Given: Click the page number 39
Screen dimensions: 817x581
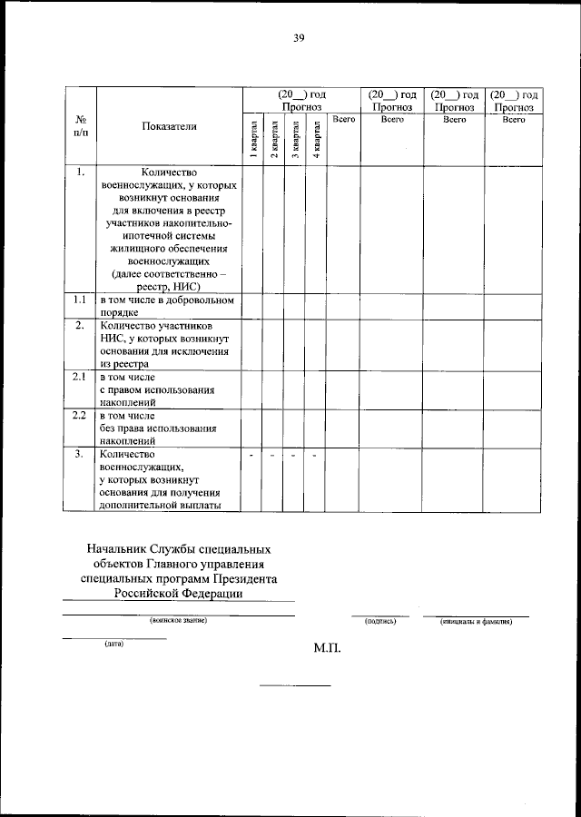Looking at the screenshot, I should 298,37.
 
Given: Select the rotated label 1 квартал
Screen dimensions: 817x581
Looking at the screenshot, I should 253,140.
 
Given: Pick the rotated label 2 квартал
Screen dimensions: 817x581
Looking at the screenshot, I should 274,140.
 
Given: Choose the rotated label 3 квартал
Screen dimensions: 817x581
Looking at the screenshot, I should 295,140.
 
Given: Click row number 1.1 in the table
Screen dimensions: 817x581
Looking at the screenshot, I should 80,300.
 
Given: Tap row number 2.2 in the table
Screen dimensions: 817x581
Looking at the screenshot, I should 80,415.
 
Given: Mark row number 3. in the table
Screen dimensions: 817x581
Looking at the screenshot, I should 80,454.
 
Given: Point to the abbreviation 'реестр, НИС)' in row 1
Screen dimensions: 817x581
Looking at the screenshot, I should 169,286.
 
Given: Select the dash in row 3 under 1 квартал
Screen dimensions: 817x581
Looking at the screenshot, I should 251,455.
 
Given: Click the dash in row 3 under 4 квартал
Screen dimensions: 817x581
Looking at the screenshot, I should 314,455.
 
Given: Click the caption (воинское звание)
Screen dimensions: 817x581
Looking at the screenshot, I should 179,622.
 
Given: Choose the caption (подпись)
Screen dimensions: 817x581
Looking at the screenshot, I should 379,622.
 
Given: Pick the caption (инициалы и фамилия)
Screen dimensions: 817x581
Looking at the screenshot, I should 476,622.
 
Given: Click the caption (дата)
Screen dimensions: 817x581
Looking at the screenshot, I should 113,644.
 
